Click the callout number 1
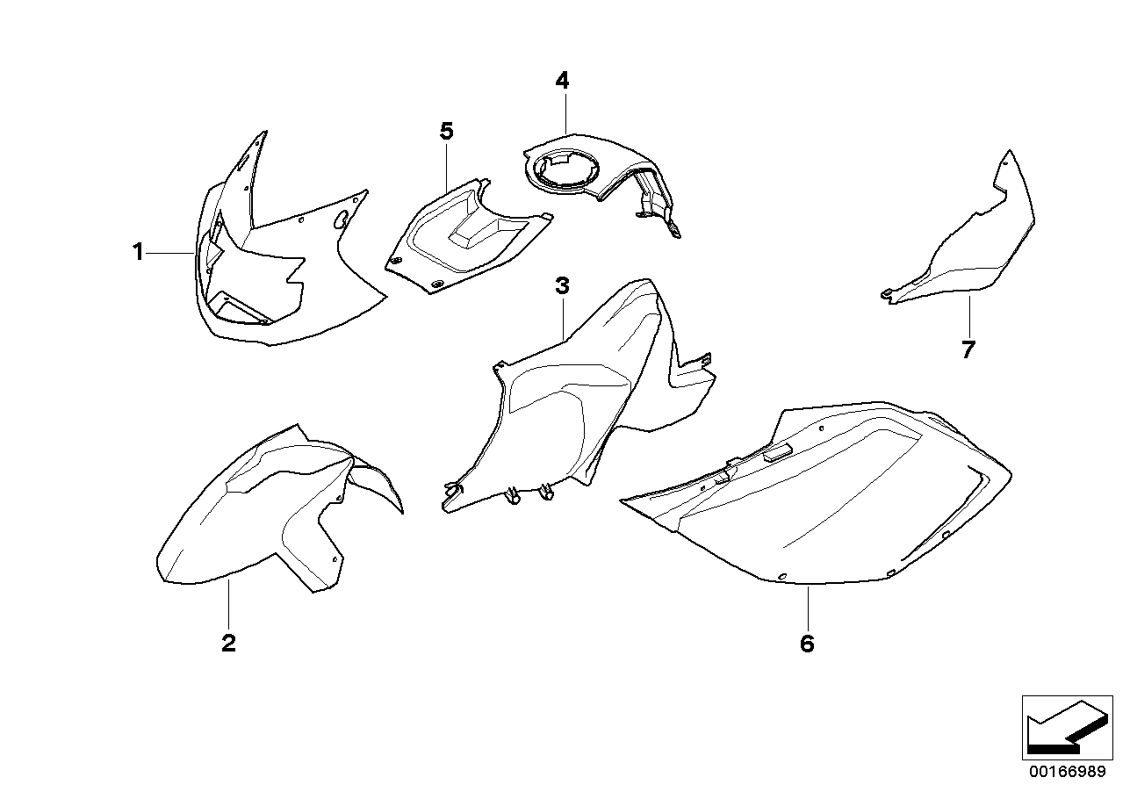(x=137, y=253)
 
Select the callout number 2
(x=228, y=644)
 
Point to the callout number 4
(x=562, y=81)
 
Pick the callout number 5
(x=446, y=132)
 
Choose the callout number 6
(x=807, y=644)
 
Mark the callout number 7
(x=968, y=349)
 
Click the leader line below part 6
(x=807, y=605)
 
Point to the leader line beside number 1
(x=170, y=253)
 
